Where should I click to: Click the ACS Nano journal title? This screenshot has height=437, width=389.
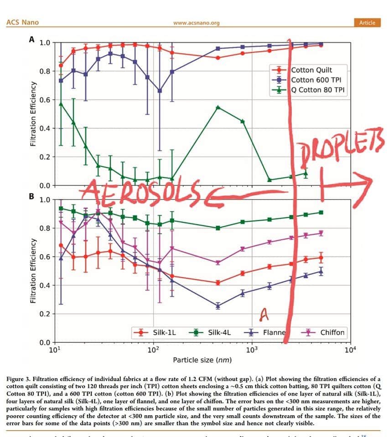click(22, 22)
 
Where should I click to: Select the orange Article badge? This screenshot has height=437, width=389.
click(367, 22)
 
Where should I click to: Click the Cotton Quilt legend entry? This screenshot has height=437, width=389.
click(311, 70)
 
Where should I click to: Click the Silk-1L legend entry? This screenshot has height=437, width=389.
click(164, 332)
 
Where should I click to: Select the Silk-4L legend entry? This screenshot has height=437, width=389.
click(219, 332)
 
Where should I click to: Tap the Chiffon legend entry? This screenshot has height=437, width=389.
click(332, 332)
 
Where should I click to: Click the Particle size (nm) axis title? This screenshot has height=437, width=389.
click(202, 360)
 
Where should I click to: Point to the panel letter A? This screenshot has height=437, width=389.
click(32, 39)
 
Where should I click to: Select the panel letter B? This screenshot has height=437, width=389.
click(31, 197)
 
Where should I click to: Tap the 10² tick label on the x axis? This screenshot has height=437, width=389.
click(153, 350)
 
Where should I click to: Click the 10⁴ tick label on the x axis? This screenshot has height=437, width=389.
click(349, 350)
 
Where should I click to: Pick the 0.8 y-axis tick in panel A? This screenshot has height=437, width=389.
click(45, 71)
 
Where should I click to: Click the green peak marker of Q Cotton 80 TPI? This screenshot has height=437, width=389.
click(218, 107)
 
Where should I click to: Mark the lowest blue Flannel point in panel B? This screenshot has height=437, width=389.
click(218, 306)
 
